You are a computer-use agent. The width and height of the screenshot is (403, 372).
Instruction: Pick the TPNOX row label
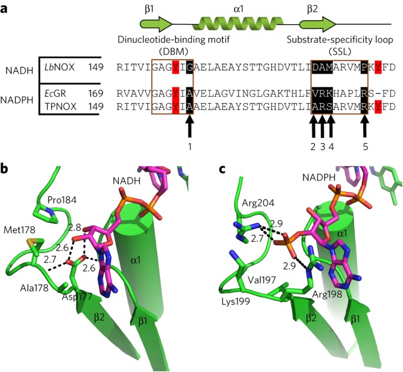(x=61, y=107)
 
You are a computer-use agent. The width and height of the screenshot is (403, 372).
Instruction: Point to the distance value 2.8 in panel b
(x=74, y=228)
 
